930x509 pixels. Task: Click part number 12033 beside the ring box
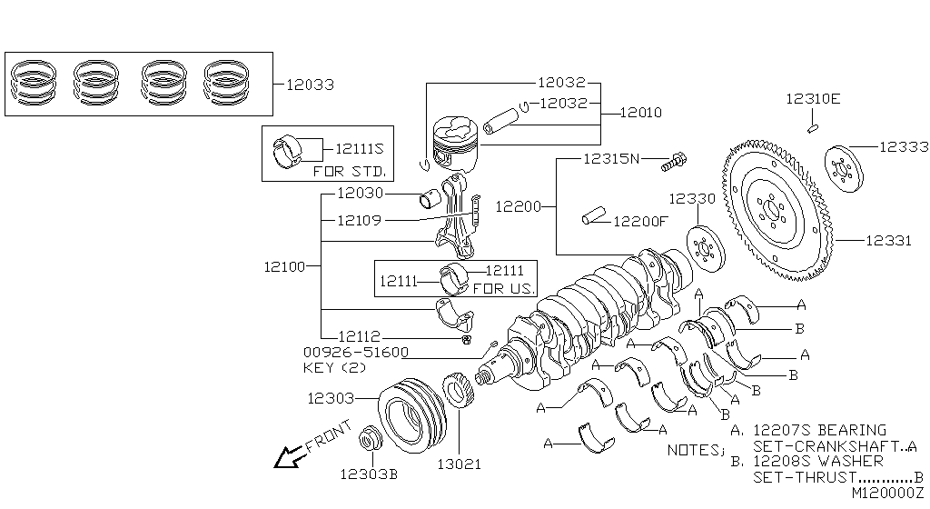click(311, 85)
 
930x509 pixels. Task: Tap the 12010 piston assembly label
click(641, 113)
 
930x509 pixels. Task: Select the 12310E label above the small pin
click(813, 98)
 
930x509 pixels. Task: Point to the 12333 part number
click(904, 146)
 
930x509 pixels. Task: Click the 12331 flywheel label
click(888, 240)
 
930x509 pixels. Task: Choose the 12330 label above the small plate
click(692, 199)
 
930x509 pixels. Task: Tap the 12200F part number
click(640, 221)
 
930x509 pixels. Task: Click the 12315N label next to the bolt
click(611, 158)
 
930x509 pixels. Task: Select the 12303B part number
click(369, 474)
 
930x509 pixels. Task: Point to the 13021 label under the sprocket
click(459, 464)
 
